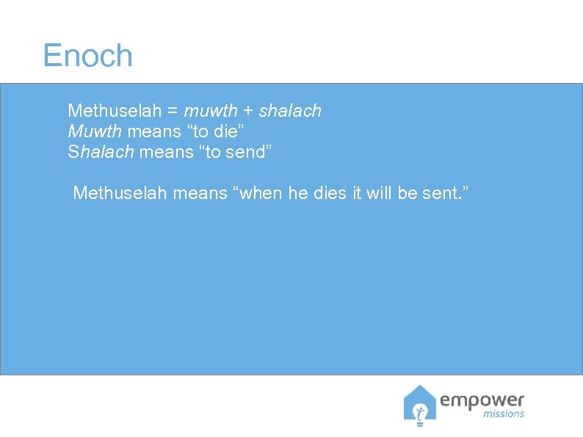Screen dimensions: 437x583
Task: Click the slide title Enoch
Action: coord(87,56)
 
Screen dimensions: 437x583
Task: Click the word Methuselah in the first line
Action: coord(114,111)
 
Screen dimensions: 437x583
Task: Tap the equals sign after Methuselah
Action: coord(173,112)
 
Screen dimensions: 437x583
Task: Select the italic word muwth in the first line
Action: coord(211,111)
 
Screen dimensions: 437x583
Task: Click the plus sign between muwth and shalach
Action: coord(248,112)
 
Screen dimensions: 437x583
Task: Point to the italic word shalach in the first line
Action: coord(290,111)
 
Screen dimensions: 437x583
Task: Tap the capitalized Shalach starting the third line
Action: coord(99,153)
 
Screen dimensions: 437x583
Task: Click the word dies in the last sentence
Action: coord(326,193)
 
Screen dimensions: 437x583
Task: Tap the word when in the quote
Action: coord(256,193)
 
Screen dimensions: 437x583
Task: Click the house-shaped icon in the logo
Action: coord(419,404)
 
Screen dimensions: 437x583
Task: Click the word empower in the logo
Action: coord(482,400)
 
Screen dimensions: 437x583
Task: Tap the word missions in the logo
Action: coord(504,413)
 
